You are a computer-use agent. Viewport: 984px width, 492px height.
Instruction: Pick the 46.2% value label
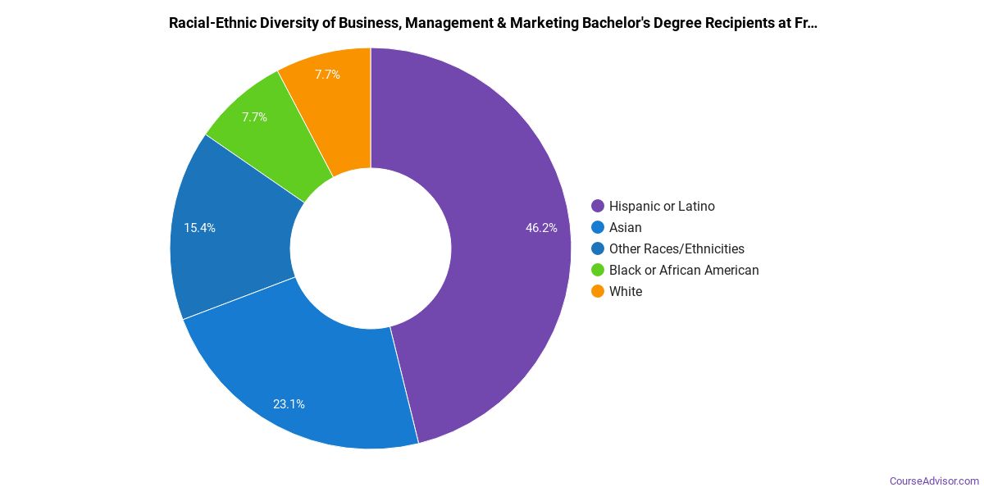click(541, 228)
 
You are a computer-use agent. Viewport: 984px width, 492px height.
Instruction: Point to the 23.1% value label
click(289, 403)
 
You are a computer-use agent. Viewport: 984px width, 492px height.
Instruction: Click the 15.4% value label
click(200, 228)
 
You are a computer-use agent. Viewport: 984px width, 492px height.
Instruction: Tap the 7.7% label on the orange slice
click(327, 74)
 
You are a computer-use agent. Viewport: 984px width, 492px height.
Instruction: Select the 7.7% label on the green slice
click(254, 117)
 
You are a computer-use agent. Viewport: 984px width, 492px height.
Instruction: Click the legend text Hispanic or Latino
click(662, 206)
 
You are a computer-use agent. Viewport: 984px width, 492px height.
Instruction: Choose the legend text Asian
click(626, 227)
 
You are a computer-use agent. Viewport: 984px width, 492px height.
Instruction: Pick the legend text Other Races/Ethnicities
click(676, 248)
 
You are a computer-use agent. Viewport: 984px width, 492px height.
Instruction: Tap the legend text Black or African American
click(684, 270)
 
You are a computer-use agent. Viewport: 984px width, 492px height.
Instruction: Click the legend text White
click(626, 291)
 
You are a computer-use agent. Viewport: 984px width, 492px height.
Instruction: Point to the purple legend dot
click(598, 206)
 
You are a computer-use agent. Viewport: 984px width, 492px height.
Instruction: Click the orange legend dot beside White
click(598, 291)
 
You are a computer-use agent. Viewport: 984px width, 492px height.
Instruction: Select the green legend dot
click(598, 270)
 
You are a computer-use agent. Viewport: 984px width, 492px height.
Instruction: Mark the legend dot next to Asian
click(598, 227)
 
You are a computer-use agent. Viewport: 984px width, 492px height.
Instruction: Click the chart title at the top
click(493, 23)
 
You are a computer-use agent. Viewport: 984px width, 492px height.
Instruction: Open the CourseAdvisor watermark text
click(934, 481)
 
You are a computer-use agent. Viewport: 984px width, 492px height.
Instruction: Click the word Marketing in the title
click(541, 23)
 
